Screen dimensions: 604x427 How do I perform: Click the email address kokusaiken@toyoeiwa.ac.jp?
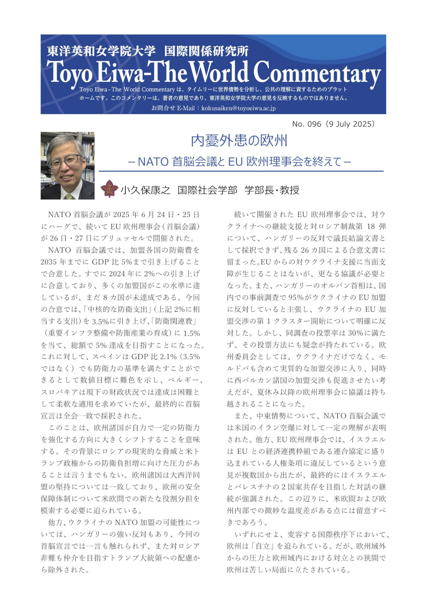click(x=239, y=108)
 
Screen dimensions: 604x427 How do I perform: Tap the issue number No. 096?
click(x=307, y=124)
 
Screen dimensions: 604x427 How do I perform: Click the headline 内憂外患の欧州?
click(x=239, y=141)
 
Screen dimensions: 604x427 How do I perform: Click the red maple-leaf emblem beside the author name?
click(x=109, y=189)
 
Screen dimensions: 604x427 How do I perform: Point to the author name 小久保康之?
click(x=146, y=190)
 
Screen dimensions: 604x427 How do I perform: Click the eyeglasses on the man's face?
click(x=64, y=161)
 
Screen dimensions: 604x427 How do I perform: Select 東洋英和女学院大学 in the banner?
click(x=101, y=51)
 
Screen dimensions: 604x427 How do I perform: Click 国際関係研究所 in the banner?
click(x=206, y=51)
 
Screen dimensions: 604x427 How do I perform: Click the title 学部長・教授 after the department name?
click(x=272, y=190)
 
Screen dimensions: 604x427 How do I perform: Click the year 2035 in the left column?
click(x=49, y=262)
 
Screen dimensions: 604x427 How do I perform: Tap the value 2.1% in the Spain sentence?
click(x=167, y=357)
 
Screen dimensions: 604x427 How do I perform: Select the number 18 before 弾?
click(x=369, y=226)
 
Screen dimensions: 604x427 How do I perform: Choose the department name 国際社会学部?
click(x=207, y=190)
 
